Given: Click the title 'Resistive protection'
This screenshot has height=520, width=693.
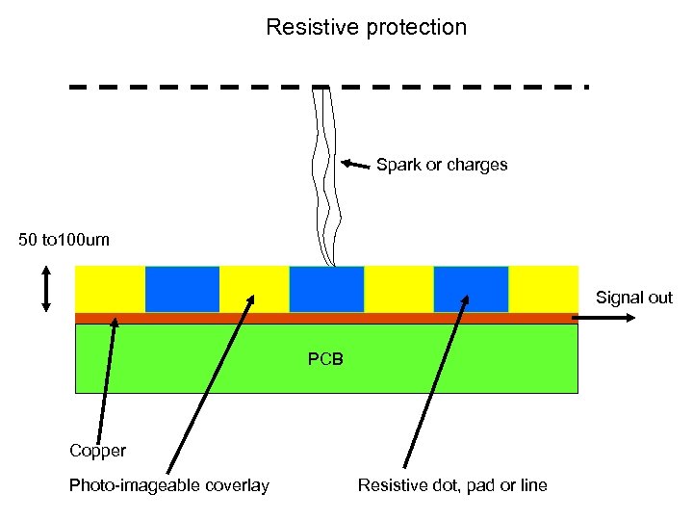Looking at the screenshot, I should [x=366, y=27].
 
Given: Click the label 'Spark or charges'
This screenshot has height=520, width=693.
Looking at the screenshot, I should [x=442, y=165].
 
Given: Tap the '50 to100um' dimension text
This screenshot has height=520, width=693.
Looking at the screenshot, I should [x=64, y=239].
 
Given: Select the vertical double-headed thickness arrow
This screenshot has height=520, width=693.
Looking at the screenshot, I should [x=46, y=289].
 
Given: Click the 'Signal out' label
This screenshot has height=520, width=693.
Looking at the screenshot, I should [x=633, y=298].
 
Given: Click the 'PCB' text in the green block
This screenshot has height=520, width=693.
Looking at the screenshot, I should [x=325, y=360].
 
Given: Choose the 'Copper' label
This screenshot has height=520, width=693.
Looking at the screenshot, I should [x=97, y=451].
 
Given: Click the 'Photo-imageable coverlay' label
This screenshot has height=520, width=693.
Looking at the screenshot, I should [x=168, y=485].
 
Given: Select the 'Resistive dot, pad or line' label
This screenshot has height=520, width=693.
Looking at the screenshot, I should [x=451, y=485].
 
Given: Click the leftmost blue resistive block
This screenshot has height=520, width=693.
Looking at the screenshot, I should [x=182, y=289].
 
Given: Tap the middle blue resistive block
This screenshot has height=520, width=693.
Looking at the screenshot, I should [x=326, y=289].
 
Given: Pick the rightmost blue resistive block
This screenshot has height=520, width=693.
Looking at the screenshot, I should [x=471, y=289].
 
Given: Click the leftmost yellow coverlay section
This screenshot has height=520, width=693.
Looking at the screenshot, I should [x=110, y=289].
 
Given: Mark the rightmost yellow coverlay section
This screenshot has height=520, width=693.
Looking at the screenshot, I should [x=543, y=289].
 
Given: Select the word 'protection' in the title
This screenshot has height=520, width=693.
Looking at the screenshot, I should [x=416, y=27].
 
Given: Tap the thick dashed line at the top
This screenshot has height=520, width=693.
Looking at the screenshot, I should [x=327, y=87].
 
